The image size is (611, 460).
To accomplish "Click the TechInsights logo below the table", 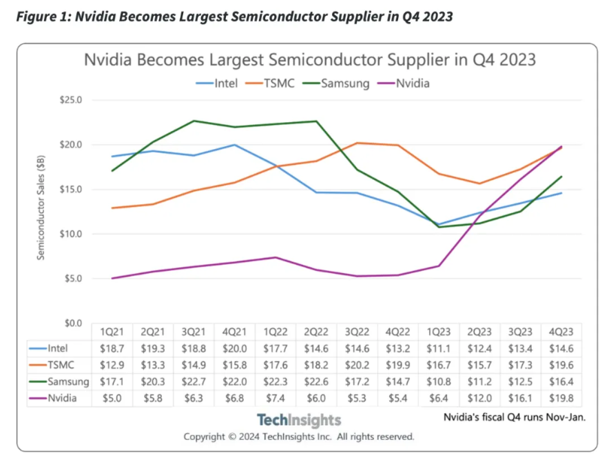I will (298, 420).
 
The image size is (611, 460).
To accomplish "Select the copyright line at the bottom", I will (298, 437).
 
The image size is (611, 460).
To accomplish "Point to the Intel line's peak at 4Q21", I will (235, 145).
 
